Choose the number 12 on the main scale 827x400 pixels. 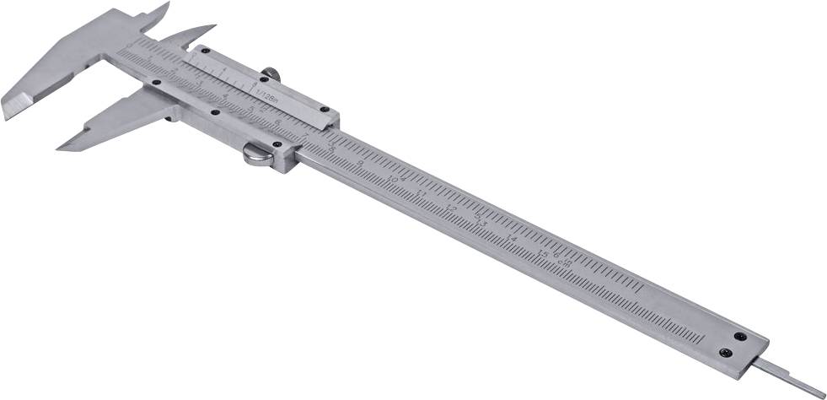pyautogui.click(x=451, y=207)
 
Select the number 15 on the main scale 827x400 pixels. pyautogui.click(x=544, y=252)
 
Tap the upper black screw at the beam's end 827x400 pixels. pyautogui.click(x=741, y=335)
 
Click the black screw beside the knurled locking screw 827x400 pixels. pyautogui.click(x=264, y=80)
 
